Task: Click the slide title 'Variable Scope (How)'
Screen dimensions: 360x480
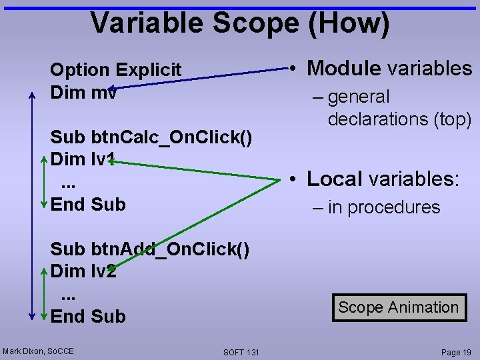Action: tap(240, 23)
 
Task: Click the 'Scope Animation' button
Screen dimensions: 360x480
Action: tap(398, 307)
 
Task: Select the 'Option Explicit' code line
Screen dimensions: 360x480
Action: tap(115, 70)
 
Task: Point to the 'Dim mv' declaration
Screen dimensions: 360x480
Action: tap(83, 92)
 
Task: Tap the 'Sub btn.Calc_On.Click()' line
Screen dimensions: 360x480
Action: tap(151, 138)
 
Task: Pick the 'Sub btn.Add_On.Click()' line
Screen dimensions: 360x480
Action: tap(150, 249)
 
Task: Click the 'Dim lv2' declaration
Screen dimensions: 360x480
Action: tap(83, 271)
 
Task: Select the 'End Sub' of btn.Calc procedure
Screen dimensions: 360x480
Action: tap(88, 204)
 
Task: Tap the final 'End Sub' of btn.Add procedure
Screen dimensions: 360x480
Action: tap(88, 316)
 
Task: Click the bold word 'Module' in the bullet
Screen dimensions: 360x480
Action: tap(344, 68)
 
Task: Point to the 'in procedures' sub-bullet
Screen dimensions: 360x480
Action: tap(383, 207)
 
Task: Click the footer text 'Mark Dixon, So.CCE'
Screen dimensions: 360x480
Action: tap(38, 351)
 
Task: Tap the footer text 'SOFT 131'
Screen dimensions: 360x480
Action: tap(241, 351)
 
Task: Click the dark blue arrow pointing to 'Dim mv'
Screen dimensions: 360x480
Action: tap(200, 77)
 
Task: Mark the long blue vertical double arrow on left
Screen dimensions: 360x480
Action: tap(32, 207)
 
